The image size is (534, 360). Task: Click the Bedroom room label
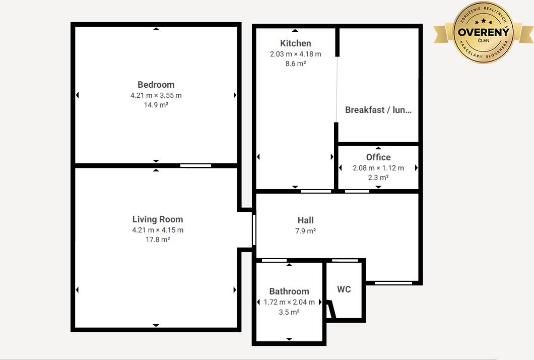156,85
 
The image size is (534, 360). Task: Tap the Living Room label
158,219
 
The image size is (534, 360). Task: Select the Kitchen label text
296,43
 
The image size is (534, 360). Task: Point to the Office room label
378,157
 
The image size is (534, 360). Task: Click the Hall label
305,220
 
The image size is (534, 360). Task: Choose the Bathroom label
289,291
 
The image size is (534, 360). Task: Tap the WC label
344,289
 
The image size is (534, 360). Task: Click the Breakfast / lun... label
378,110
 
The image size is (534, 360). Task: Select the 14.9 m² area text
156,105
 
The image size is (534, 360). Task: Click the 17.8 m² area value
158,239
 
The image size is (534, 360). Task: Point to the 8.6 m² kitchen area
296,64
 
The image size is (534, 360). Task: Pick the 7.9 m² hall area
305,231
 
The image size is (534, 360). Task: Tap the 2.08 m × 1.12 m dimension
378,168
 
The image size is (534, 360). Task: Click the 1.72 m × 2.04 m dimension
289,302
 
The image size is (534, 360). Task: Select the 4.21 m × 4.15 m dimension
158,230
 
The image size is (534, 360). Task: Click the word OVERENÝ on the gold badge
484,32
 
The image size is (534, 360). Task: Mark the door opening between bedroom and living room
195,166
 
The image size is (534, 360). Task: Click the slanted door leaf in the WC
331,309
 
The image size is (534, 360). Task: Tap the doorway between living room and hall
254,230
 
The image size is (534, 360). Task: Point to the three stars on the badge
484,22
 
